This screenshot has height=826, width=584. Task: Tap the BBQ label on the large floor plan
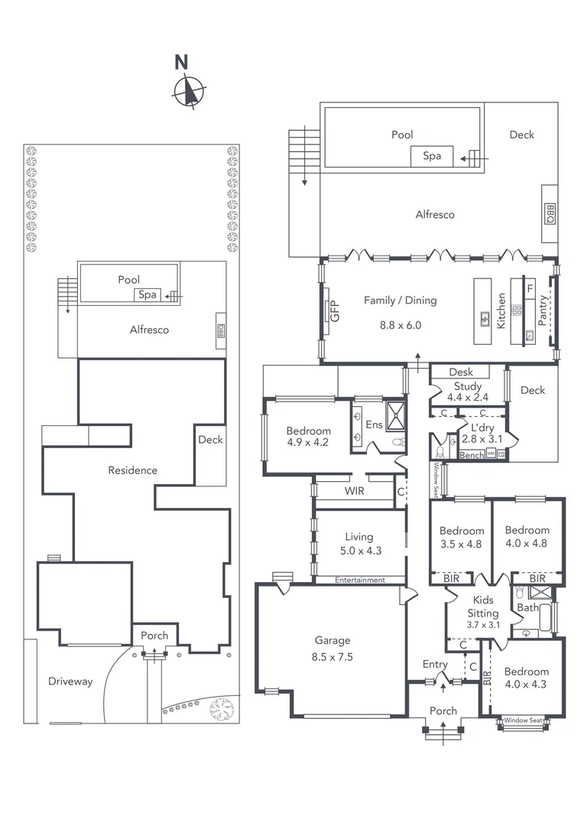[x=550, y=213]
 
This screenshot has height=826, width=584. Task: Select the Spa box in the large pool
[x=432, y=156]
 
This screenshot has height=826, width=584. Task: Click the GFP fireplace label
[x=333, y=311]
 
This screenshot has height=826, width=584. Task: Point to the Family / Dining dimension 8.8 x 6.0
[x=400, y=325]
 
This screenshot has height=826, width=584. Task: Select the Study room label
[x=468, y=386]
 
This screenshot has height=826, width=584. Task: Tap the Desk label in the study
[x=461, y=372]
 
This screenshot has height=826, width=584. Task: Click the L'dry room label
[x=482, y=426]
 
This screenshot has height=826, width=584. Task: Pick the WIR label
[x=353, y=491]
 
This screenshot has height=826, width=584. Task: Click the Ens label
[x=375, y=424]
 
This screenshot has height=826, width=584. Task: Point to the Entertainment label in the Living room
[x=359, y=580]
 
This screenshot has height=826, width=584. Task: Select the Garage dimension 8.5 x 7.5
[x=333, y=656]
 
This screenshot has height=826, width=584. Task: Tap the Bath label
[x=527, y=608]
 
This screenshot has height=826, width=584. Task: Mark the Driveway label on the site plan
[x=70, y=681]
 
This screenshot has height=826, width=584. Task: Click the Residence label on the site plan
[x=132, y=470]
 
